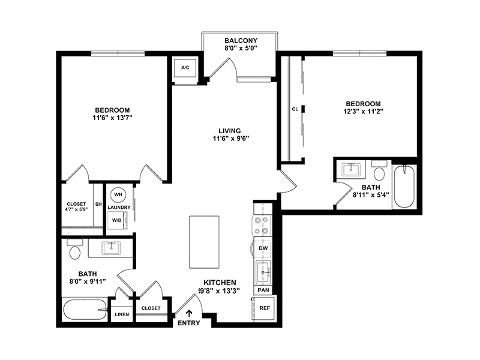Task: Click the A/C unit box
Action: (185, 68)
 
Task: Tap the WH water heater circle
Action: (118, 194)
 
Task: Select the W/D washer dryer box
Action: (117, 220)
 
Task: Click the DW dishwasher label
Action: (263, 248)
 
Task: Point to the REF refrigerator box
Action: (265, 308)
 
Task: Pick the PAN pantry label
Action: (263, 290)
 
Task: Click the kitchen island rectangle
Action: (204, 242)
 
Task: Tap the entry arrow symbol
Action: (189, 313)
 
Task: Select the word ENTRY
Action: (189, 323)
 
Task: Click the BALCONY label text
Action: (241, 40)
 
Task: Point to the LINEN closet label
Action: (122, 314)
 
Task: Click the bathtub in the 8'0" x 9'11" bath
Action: (85, 310)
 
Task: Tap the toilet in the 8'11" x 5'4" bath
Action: (379, 171)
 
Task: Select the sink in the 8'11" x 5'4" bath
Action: (351, 169)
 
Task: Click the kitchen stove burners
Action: (263, 225)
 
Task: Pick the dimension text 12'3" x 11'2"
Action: (364, 112)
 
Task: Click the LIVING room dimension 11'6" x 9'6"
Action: (231, 139)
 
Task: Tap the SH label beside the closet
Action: (98, 204)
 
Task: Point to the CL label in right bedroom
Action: (295, 109)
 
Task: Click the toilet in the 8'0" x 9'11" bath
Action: (75, 249)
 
